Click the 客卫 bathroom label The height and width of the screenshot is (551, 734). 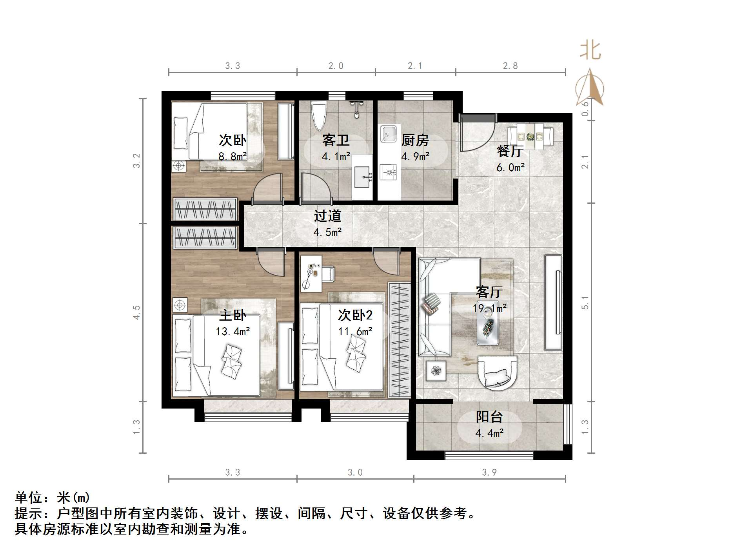[x=336, y=140]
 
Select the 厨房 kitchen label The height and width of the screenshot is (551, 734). [x=415, y=140]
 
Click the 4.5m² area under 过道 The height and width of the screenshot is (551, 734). [x=327, y=232]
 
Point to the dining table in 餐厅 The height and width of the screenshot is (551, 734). [x=530, y=137]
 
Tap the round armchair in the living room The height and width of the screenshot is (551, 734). [x=497, y=371]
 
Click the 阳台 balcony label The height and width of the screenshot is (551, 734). [x=489, y=417]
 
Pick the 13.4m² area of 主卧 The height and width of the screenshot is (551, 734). [x=233, y=332]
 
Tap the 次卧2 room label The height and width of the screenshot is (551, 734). [x=355, y=315]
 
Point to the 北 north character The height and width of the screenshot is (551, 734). [x=590, y=51]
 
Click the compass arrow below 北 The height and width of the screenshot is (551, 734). [x=590, y=88]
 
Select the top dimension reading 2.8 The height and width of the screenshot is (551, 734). [x=510, y=66]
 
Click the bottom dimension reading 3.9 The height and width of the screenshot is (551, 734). [x=489, y=473]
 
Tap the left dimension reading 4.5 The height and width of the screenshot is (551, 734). [x=136, y=313]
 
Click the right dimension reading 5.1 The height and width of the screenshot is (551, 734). [x=585, y=302]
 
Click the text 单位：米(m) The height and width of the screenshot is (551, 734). [x=53, y=498]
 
